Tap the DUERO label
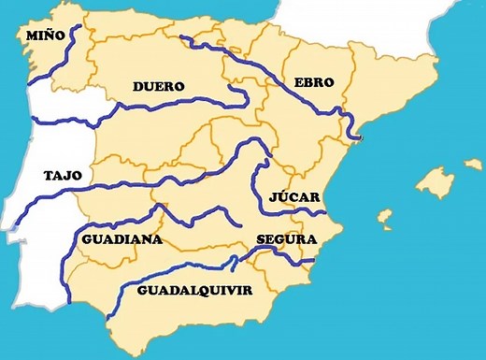click(158, 86)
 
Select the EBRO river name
click(313, 82)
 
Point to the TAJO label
click(63, 175)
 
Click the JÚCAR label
click(294, 197)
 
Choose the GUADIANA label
click(122, 239)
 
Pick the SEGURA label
click(287, 239)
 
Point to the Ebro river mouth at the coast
click(352, 136)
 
